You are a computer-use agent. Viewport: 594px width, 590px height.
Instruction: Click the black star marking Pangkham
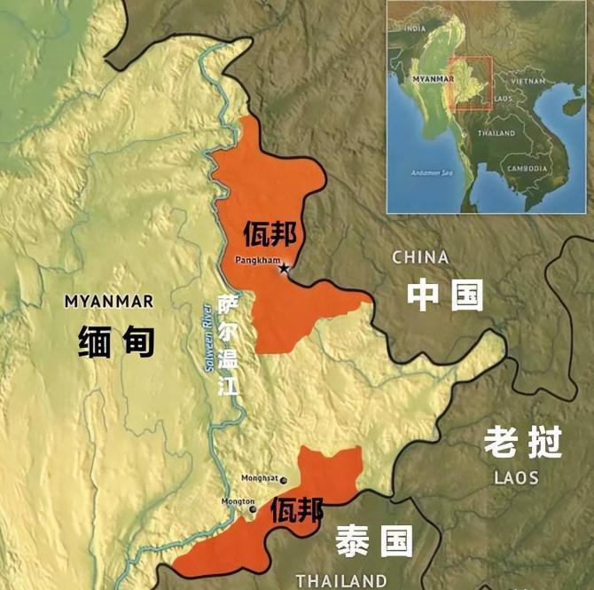[284, 267]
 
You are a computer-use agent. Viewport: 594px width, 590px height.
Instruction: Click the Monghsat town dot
[284, 480]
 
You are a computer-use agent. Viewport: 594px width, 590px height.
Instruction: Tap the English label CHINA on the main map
[420, 257]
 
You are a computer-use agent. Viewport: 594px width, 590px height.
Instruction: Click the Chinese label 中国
[445, 295]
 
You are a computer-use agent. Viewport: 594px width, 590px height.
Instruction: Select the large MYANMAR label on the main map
[109, 301]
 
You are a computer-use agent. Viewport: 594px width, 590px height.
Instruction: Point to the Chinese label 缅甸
[115, 342]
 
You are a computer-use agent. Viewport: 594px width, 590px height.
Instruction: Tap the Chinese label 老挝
[523, 441]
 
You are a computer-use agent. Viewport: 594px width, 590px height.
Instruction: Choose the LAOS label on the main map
[516, 477]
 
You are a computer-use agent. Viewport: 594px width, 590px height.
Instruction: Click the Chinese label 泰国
[373, 539]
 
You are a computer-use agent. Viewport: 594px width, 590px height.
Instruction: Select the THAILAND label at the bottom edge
[341, 581]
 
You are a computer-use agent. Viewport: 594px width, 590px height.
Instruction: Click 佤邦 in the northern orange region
[270, 234]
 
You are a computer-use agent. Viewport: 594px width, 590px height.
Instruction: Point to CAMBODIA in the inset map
[528, 168]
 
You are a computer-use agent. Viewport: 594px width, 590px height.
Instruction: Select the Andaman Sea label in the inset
[432, 172]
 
